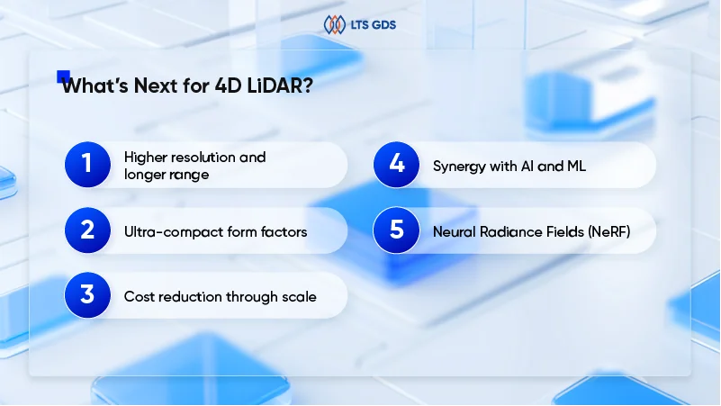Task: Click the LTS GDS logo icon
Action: click(333, 24)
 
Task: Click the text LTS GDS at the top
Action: click(371, 25)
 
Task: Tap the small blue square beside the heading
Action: click(63, 77)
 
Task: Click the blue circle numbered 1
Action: click(87, 165)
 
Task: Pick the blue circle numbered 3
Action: click(87, 296)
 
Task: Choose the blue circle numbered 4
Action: click(396, 165)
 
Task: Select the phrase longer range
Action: click(167, 174)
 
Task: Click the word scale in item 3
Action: click(299, 296)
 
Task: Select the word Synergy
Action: click(460, 165)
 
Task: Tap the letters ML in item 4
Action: click(576, 165)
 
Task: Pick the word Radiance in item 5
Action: click(504, 231)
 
